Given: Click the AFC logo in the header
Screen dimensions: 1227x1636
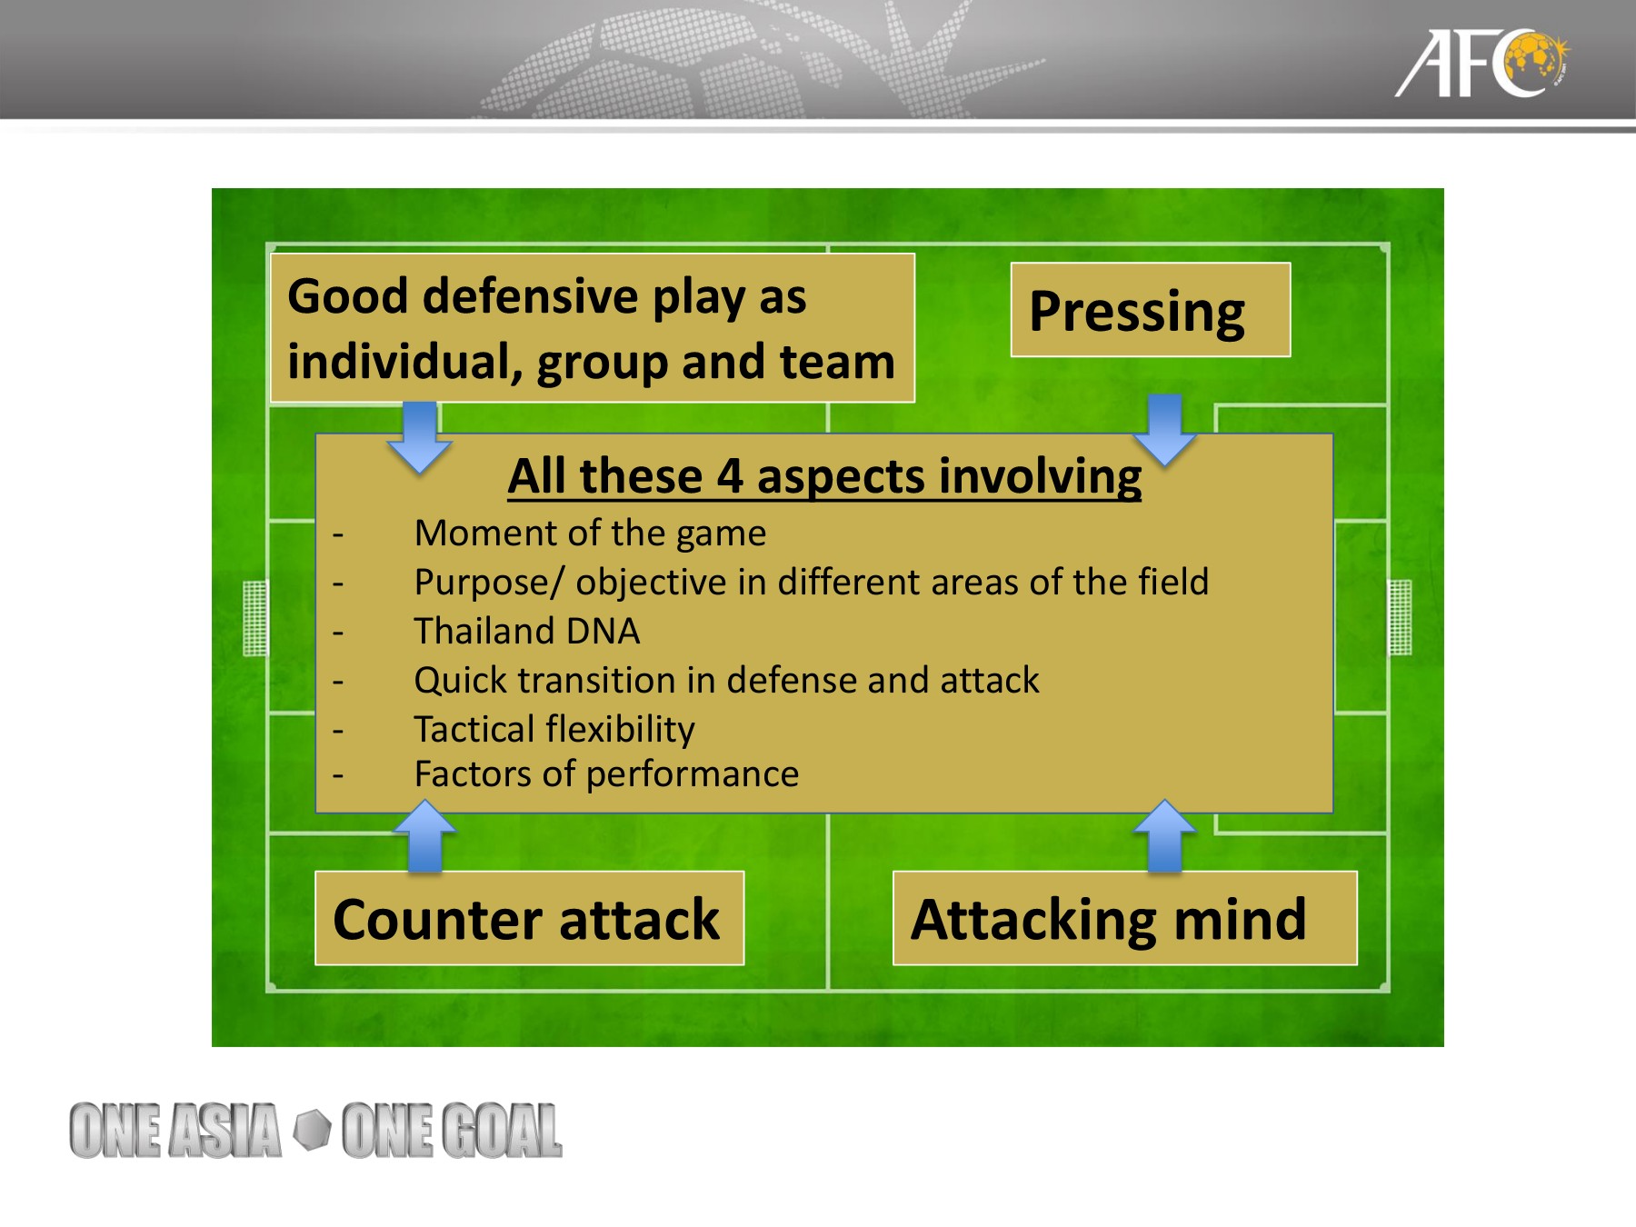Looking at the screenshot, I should pos(1481,64).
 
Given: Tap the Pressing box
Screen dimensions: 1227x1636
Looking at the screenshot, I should pos(1150,310).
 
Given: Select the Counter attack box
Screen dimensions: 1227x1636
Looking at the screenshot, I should pos(529,918).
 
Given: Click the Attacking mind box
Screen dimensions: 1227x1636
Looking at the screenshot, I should pos(1124,918).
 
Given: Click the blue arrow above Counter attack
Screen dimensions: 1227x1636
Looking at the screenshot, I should pos(424,835).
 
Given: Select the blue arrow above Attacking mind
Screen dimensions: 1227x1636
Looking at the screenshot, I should pos(1164,835).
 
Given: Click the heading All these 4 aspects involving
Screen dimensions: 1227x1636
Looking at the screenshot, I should pos(824,476).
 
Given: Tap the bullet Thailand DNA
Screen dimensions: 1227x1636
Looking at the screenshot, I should pos(527,631).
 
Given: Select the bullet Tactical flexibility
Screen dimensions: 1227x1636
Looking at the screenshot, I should pos(554,729).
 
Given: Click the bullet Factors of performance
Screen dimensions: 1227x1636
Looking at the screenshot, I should pos(606,774).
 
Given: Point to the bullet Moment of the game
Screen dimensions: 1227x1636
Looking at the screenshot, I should pos(590,534).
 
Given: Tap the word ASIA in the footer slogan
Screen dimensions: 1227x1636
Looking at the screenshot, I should pos(225,1131).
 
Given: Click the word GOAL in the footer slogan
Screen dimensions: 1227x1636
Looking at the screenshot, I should pos(502,1131).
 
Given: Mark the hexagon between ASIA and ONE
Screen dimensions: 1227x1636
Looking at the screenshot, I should pos(313,1129).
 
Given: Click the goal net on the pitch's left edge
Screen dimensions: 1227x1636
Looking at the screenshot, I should pos(255,618).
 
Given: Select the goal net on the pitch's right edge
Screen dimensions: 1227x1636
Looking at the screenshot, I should pos(1400,618).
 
